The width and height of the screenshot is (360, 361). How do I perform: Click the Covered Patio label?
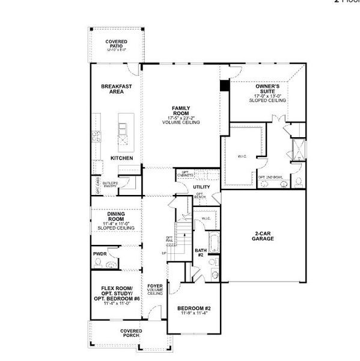[x=116, y=43]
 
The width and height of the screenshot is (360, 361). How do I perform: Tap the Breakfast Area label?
[x=116, y=89]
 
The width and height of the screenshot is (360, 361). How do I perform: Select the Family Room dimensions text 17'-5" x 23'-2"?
[x=180, y=117]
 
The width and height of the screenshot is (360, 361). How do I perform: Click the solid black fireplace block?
[x=225, y=85]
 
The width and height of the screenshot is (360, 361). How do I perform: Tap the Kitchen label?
[x=121, y=158]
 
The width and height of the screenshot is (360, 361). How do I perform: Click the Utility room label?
[x=201, y=187]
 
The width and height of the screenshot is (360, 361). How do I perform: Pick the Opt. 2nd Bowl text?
[x=269, y=177]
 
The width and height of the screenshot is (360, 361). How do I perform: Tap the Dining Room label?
[x=116, y=217]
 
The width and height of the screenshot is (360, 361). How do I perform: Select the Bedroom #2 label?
[x=193, y=309]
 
